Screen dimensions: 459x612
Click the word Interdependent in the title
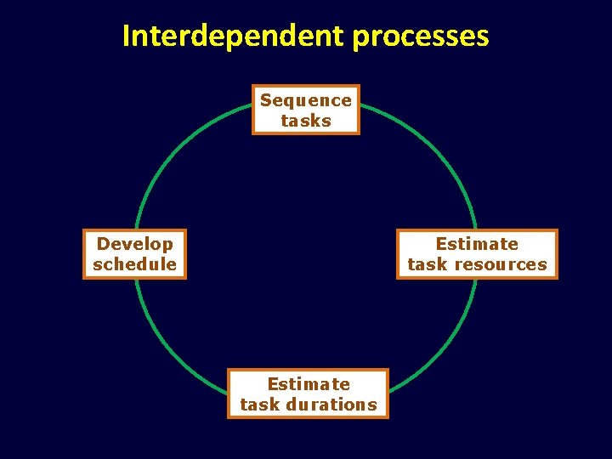point(231,36)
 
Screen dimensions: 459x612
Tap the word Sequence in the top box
point(306,100)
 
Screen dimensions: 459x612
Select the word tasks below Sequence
point(306,121)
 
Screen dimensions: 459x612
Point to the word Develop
point(134,244)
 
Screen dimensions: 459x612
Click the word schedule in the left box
point(134,264)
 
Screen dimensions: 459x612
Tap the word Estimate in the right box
point(477,244)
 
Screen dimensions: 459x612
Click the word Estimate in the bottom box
point(309,384)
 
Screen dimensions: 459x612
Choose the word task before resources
point(428,264)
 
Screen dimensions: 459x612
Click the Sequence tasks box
point(306,110)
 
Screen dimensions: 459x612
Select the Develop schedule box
point(134,254)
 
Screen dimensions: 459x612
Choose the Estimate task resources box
point(477,254)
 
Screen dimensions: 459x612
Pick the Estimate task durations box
point(308,394)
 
